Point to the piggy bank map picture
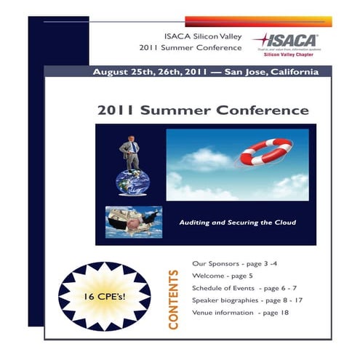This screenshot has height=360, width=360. click(132, 220)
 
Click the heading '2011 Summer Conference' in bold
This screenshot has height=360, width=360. click(203, 111)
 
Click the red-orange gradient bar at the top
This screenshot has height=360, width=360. click(258, 21)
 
